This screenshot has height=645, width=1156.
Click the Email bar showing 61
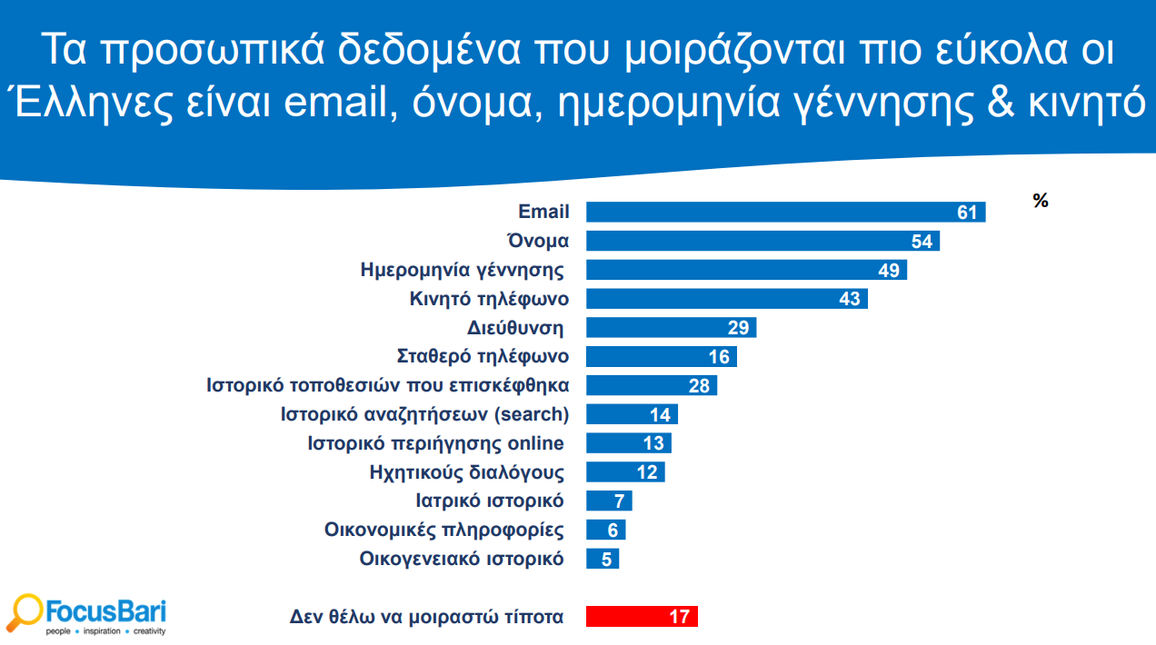pos(785,213)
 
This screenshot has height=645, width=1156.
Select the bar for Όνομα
pos(762,242)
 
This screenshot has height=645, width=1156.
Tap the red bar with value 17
pos(642,617)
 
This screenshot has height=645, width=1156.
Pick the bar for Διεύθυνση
pos(671,328)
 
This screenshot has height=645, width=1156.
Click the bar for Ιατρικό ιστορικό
pos(609,501)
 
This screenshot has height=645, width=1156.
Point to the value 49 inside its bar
pos(888,271)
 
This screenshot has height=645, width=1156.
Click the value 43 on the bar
pos(849,299)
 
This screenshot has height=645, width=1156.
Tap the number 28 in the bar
pos(698,386)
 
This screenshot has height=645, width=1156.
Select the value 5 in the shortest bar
pos(606,560)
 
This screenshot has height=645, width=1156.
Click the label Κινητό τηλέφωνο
pos(490,299)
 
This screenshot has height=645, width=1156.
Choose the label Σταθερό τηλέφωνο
pos(483,357)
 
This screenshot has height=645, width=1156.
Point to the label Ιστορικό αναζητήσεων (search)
pos(424,415)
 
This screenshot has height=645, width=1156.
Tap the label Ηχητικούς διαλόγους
pos(467,472)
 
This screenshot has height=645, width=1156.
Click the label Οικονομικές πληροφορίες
pos(444,531)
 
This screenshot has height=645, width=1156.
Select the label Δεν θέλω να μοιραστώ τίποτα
pos(426,617)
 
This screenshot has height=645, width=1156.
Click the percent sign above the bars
pos(1041,202)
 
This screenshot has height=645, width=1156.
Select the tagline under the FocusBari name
pos(106,630)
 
